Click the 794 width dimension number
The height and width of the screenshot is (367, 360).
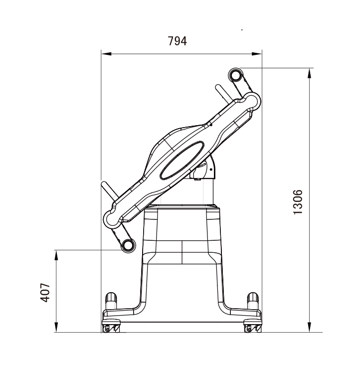point(178,41)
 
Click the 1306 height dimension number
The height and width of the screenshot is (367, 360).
point(298,202)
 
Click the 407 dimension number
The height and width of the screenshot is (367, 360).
point(45,293)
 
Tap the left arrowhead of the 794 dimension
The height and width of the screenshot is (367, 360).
point(106,54)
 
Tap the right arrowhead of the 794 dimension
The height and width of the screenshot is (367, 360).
point(257,54)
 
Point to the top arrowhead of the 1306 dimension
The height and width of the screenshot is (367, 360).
point(309,73)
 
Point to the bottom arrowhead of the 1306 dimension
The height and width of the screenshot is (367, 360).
point(309,327)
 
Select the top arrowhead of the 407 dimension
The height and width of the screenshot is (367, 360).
point(56,255)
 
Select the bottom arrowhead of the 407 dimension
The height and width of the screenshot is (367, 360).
point(56,327)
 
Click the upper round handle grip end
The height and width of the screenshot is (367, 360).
point(235,75)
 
